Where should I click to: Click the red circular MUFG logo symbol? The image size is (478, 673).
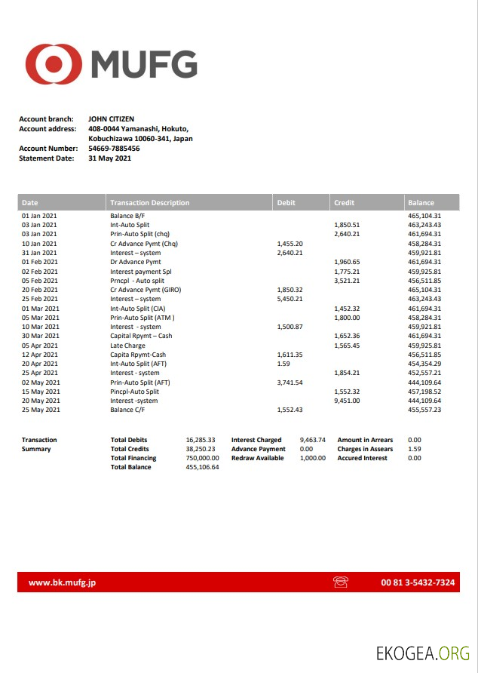[x=54, y=64]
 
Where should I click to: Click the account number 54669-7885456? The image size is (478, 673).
[x=114, y=149]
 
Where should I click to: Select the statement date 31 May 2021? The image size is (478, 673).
[x=109, y=158]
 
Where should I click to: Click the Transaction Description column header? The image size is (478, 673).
[x=149, y=203]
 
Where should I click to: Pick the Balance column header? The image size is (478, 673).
[x=421, y=203]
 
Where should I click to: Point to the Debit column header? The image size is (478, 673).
[x=286, y=203]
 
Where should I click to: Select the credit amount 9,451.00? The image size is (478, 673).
[x=347, y=401]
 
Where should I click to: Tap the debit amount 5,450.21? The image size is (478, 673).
[x=290, y=299]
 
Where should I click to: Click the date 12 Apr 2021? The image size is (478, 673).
[x=39, y=355]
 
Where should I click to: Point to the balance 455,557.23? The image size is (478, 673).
[x=424, y=410]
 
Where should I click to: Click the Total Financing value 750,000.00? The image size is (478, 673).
[x=202, y=458]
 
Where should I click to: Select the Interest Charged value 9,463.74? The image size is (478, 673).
[x=312, y=440]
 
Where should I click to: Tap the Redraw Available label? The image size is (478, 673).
[x=258, y=458]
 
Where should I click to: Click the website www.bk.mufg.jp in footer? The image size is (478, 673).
[x=62, y=582]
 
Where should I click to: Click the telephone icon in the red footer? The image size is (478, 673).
[x=340, y=582]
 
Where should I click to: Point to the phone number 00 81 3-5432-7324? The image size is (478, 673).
[x=418, y=582]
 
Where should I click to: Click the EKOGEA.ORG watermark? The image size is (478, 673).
[x=423, y=653]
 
